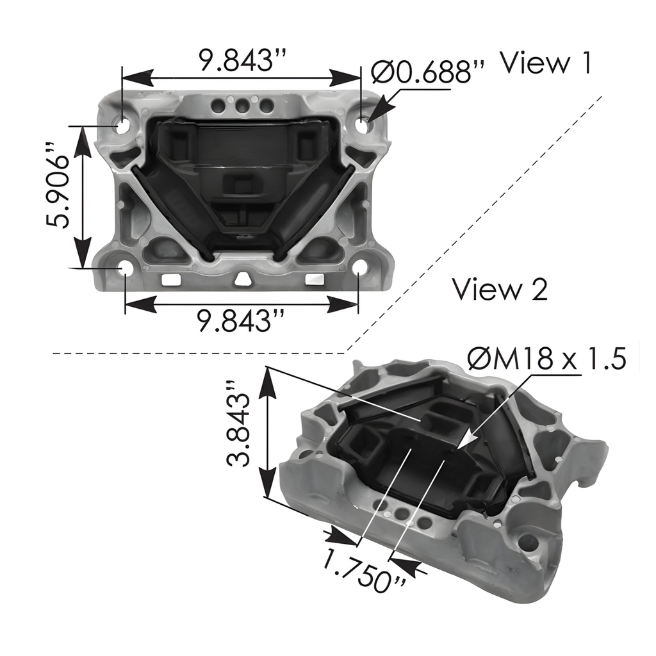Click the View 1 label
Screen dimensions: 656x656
coord(545,63)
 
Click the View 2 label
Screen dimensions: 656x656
coord(500,289)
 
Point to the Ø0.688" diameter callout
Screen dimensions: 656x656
coord(428,72)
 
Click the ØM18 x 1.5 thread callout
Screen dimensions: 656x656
coord(546,360)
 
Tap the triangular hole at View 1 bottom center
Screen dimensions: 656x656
coord(242,279)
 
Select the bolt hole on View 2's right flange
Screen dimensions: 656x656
coord(528,543)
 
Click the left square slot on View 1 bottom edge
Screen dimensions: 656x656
coord(170,279)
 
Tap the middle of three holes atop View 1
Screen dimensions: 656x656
coord(242,104)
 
